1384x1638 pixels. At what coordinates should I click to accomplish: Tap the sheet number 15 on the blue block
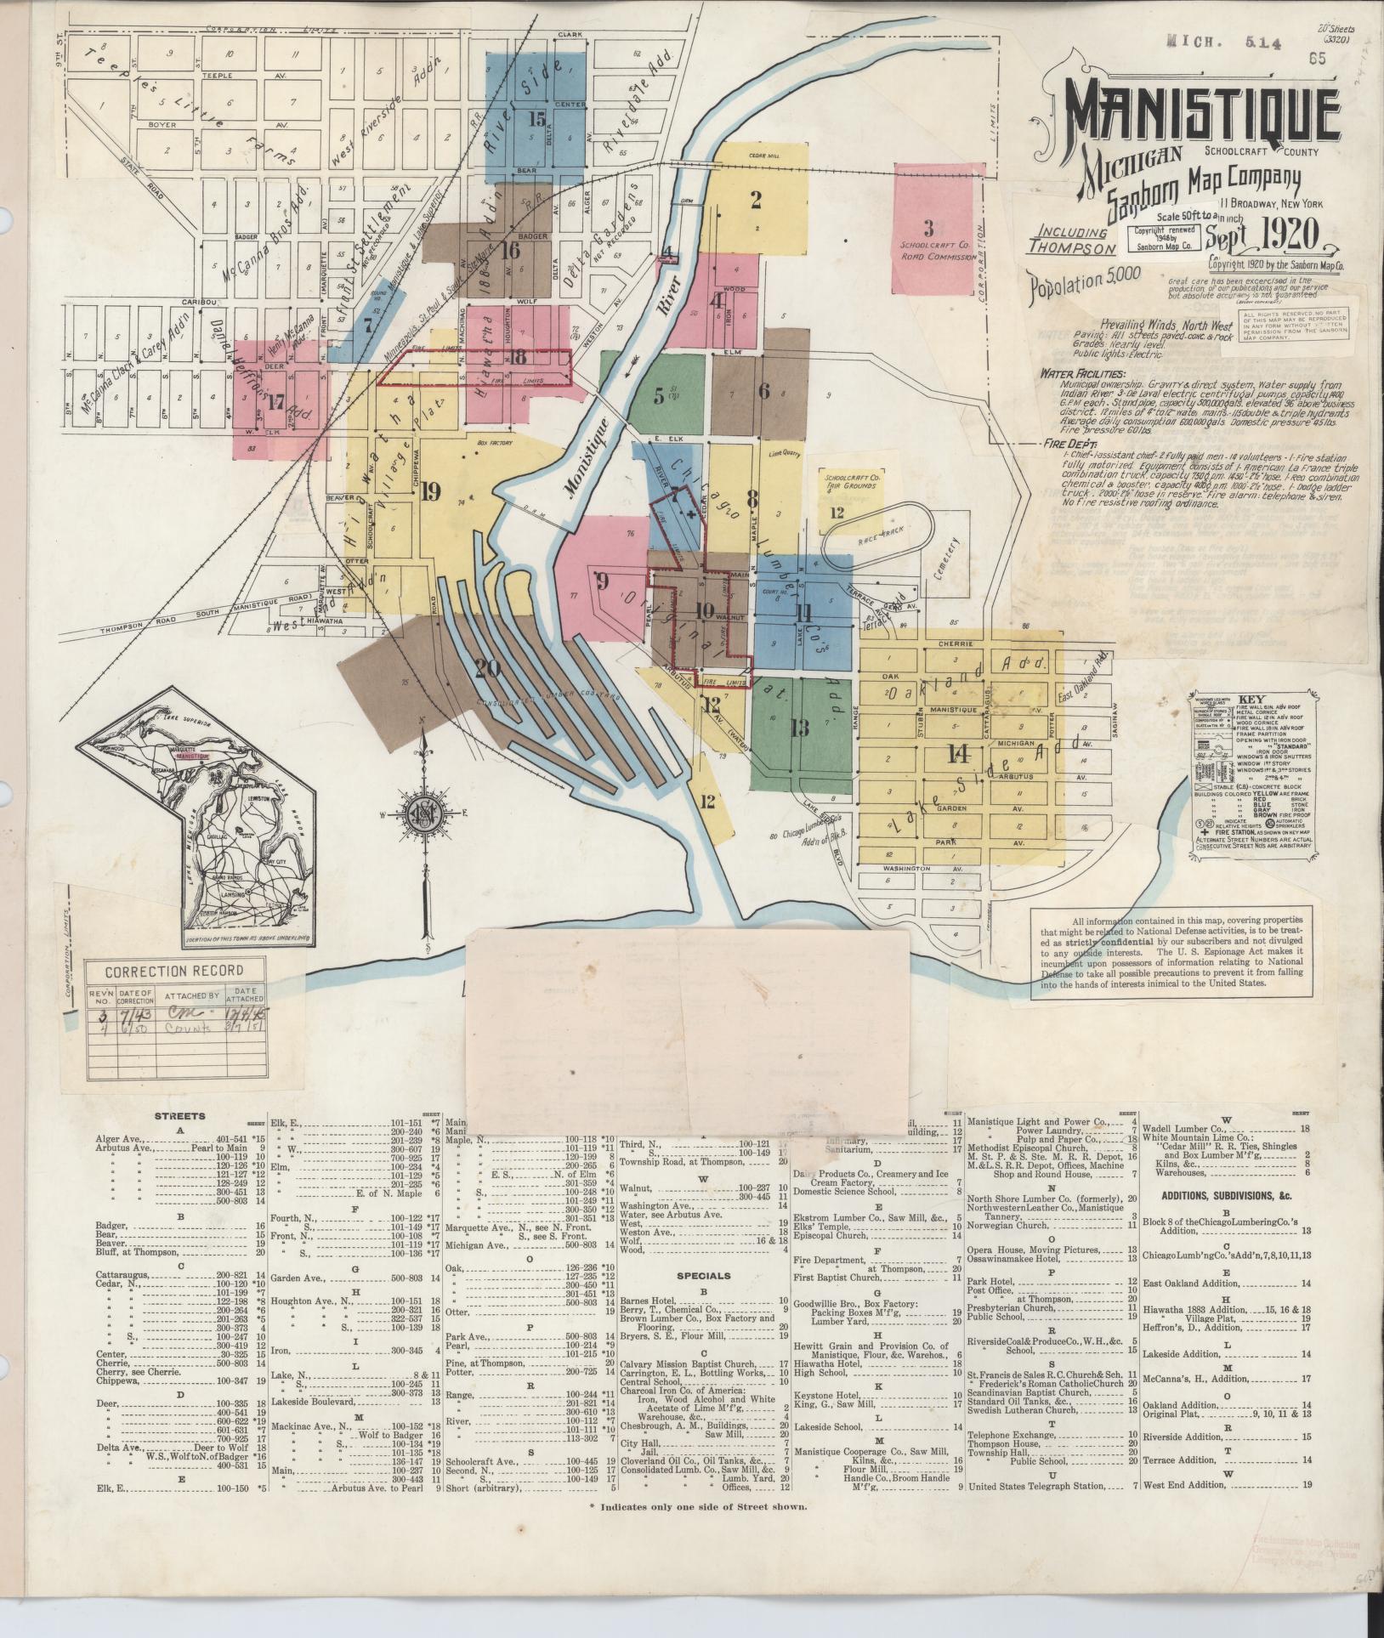(x=536, y=118)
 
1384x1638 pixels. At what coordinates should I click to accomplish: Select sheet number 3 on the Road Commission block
(x=928, y=228)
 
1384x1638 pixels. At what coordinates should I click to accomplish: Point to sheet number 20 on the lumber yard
(x=486, y=668)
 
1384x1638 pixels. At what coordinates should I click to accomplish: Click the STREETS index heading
(x=179, y=1115)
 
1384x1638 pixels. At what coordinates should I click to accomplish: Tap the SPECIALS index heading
(x=704, y=1276)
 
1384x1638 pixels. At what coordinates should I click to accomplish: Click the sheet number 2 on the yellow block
(x=755, y=201)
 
